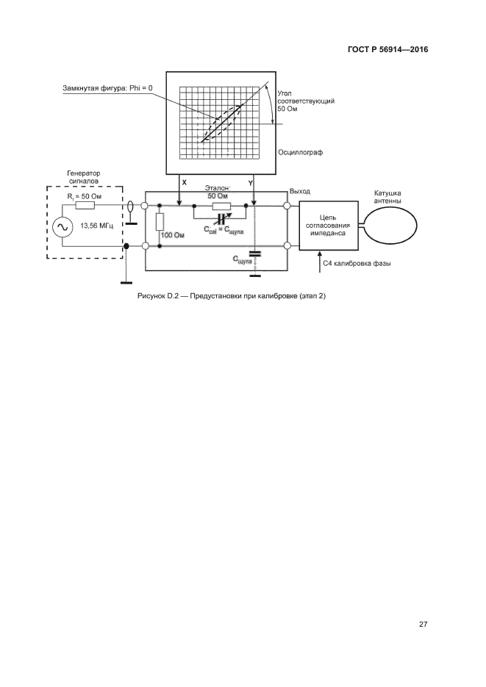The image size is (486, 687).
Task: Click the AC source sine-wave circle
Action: (60, 228)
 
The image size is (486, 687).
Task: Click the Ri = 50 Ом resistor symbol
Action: (85, 206)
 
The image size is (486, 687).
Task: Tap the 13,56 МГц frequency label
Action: (96, 227)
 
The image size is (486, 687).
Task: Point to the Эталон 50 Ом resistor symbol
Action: (221, 206)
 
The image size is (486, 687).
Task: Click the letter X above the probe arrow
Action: (184, 181)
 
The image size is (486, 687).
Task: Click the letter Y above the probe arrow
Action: (251, 181)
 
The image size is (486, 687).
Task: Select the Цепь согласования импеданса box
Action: (329, 224)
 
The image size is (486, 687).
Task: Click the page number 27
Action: (423, 625)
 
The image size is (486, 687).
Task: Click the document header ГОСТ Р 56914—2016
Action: (387, 50)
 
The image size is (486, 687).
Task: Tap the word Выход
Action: (300, 191)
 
